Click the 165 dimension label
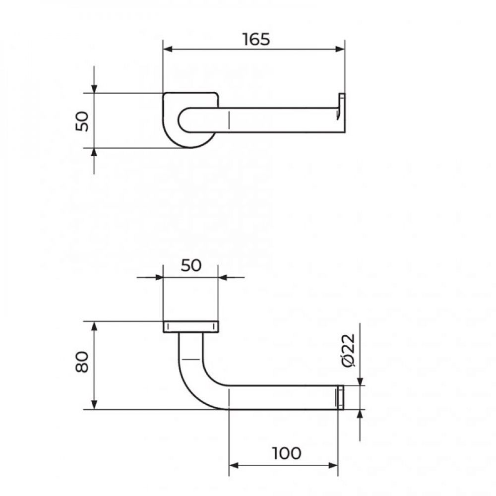pos(256,40)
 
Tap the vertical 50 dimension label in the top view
pos(82,121)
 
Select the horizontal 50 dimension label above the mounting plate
pos(191,265)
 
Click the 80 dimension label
pos(82,362)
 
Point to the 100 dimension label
pos(287,453)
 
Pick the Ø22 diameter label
pos(349,350)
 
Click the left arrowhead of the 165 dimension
pos(168,49)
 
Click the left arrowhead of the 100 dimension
pos(234,465)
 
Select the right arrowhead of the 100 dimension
pos(333,465)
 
